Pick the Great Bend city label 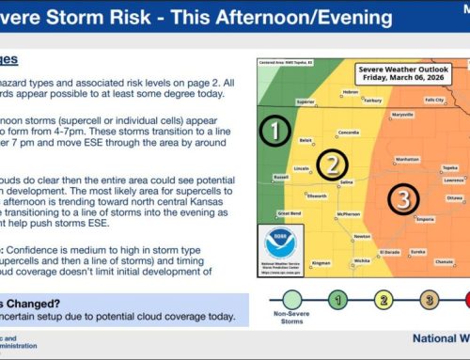click(x=289, y=213)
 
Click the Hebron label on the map click(x=351, y=92)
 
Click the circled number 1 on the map click(x=274, y=132)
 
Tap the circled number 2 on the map click(x=331, y=166)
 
